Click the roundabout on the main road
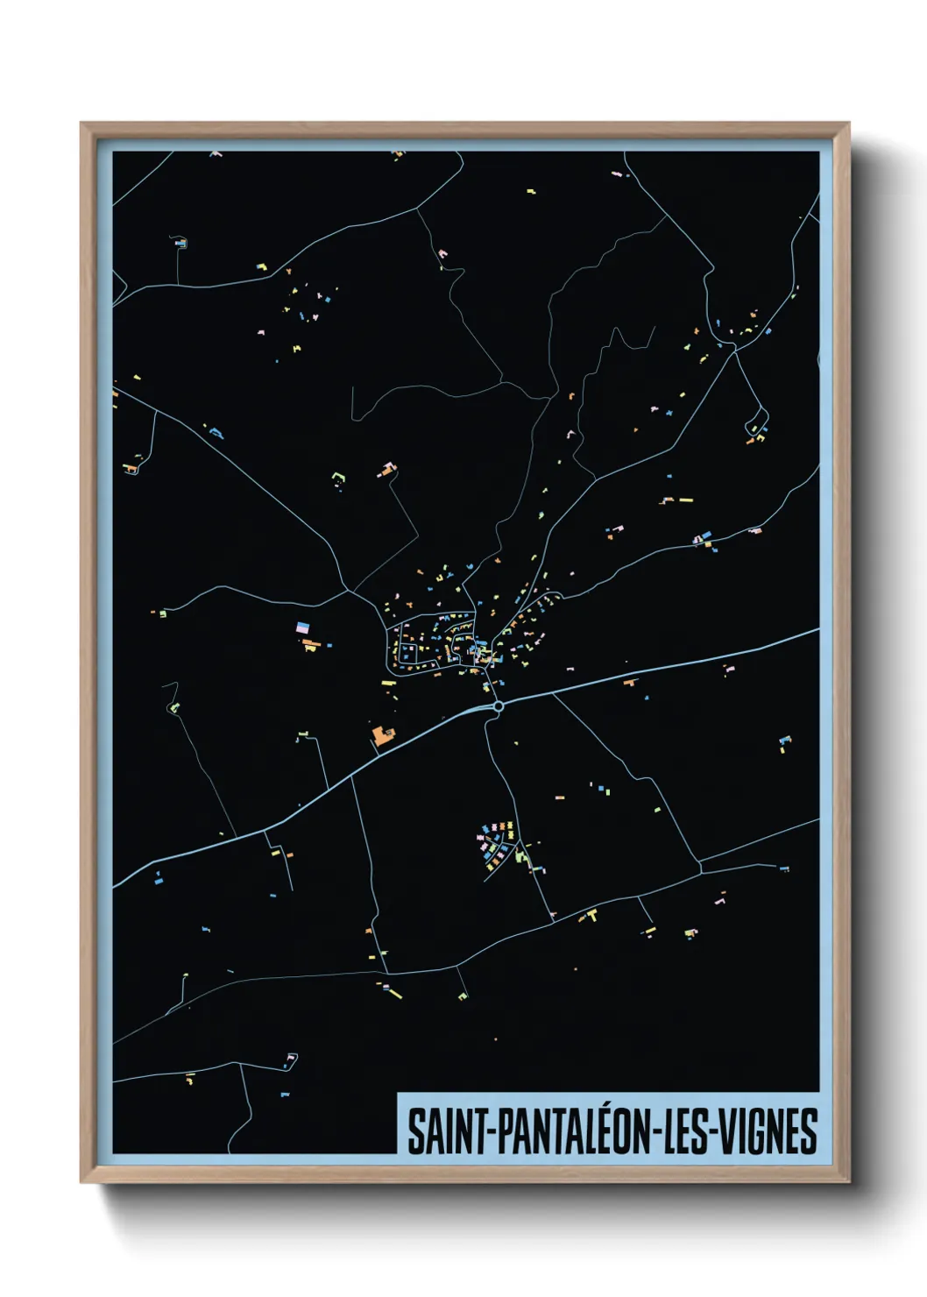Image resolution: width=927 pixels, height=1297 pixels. (x=498, y=705)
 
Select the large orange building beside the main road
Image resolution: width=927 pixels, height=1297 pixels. (x=382, y=734)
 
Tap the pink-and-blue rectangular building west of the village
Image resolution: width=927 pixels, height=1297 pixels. (x=302, y=627)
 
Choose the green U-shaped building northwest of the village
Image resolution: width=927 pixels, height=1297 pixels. (x=339, y=478)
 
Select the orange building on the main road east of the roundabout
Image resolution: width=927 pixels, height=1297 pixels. (x=629, y=681)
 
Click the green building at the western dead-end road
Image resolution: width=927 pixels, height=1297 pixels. (x=174, y=706)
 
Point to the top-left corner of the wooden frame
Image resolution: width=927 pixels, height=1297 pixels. (x=81, y=124)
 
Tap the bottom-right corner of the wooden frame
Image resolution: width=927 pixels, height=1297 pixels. (x=848, y=1181)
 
